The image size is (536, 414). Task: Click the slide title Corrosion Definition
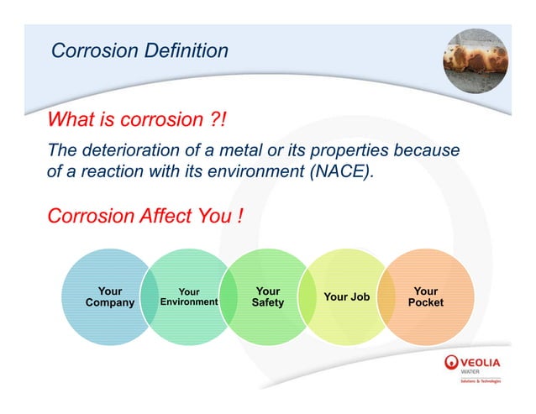pyautogui.click(x=139, y=50)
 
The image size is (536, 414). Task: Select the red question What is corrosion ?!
pyautogui.click(x=137, y=119)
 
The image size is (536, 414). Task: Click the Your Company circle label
pyautogui.click(x=109, y=297)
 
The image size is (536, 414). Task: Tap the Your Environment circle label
pyautogui.click(x=189, y=297)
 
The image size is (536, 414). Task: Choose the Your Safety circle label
pyautogui.click(x=268, y=297)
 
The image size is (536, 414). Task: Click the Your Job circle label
pyautogui.click(x=346, y=296)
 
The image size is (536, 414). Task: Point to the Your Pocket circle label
pyautogui.click(x=425, y=297)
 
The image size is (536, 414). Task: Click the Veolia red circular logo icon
pyautogui.click(x=452, y=363)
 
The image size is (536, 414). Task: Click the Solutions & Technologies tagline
pyautogui.click(x=480, y=380)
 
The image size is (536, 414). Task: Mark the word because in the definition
pyautogui.click(x=430, y=151)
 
